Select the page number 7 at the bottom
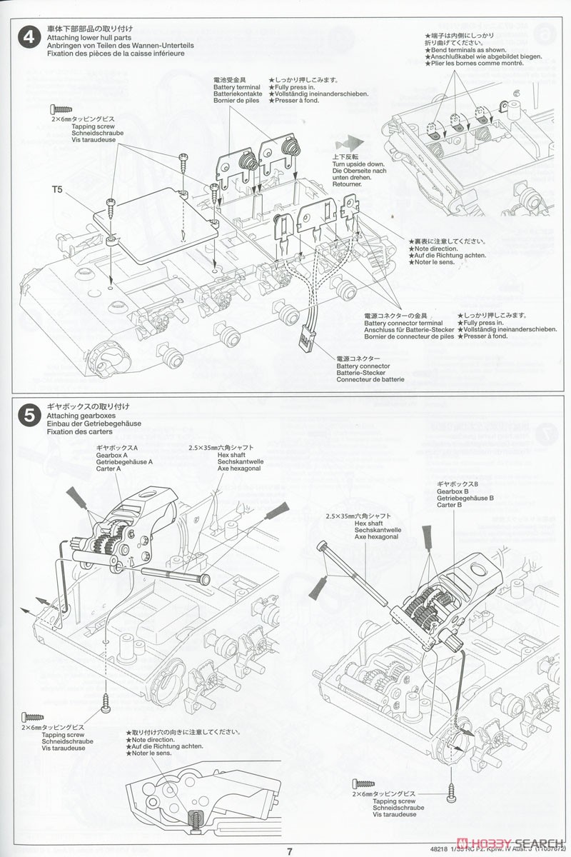tap(289, 851)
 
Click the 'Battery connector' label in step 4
tap(363, 366)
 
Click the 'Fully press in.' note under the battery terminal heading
tap(293, 86)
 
